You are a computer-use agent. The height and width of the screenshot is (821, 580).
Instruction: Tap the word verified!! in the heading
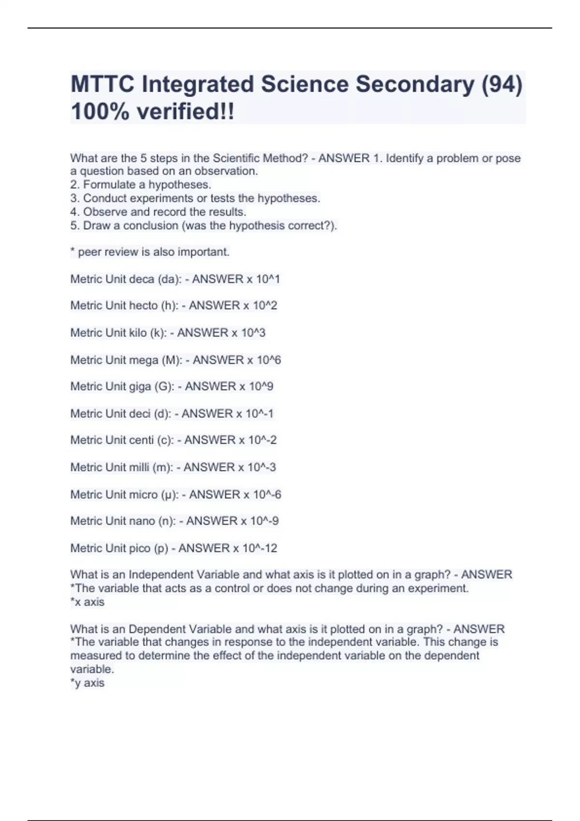186,112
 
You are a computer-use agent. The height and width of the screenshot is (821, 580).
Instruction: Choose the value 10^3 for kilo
253,333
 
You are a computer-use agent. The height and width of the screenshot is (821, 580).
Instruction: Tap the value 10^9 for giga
261,386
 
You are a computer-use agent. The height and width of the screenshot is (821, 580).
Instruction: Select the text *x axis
87,602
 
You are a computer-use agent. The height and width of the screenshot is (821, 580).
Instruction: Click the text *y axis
87,683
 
